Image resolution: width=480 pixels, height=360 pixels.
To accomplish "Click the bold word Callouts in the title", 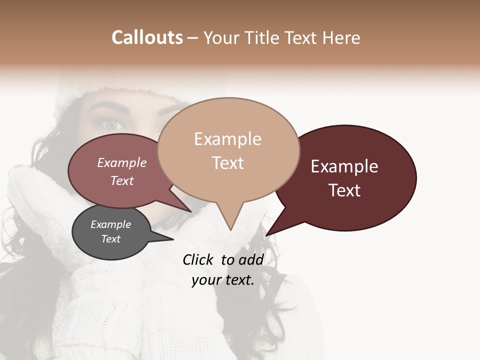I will pyautogui.click(x=147, y=37).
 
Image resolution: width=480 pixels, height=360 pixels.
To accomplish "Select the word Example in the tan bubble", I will pyautogui.click(x=227, y=139).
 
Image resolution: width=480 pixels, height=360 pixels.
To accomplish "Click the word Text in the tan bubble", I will pyautogui.click(x=227, y=163).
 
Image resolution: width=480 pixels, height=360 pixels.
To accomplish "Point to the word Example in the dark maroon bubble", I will pyautogui.click(x=344, y=166).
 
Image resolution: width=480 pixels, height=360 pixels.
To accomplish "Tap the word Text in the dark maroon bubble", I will pyautogui.click(x=344, y=190).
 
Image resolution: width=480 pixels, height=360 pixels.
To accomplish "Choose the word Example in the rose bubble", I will pyautogui.click(x=122, y=162).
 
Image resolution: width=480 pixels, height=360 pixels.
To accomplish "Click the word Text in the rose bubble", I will pyautogui.click(x=122, y=180).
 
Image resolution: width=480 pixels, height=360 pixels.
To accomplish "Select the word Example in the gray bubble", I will pyautogui.click(x=111, y=224).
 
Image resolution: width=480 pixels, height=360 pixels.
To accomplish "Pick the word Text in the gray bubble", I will pyautogui.click(x=111, y=239).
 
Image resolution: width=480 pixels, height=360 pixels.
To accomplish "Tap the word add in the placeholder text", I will pyautogui.click(x=251, y=259).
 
